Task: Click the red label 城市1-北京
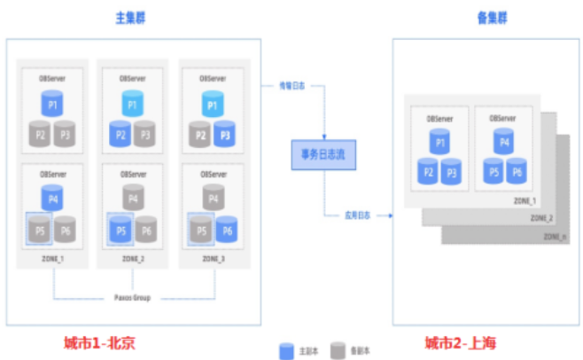point(99,343)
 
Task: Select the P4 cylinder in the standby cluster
point(502,140)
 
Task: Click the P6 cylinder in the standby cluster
point(515,172)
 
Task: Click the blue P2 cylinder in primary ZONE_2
point(119,135)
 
